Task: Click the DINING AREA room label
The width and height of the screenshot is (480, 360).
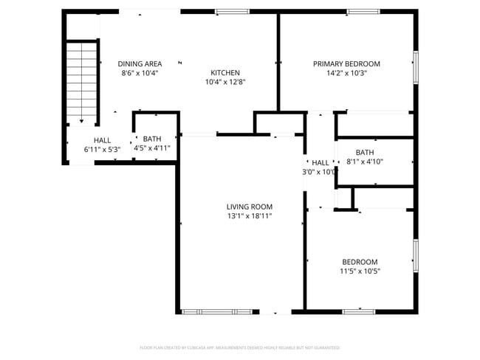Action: (140, 64)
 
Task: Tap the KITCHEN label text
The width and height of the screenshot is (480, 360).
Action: (225, 72)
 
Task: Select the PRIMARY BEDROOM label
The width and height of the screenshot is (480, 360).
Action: (346, 64)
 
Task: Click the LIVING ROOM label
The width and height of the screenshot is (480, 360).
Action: (250, 207)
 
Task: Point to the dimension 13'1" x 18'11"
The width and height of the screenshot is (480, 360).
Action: (250, 216)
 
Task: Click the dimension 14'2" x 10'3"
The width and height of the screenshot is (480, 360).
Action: (346, 73)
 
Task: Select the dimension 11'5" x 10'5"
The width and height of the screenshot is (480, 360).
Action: (360, 271)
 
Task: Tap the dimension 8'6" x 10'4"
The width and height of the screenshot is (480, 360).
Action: (140, 73)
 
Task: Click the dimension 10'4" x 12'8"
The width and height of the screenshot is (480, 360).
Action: (225, 82)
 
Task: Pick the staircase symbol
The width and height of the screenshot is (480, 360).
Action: (81, 81)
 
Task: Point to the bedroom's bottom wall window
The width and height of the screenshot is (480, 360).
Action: (359, 312)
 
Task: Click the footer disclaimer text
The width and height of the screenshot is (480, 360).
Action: (240, 347)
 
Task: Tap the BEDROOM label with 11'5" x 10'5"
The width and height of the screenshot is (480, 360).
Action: (360, 262)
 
